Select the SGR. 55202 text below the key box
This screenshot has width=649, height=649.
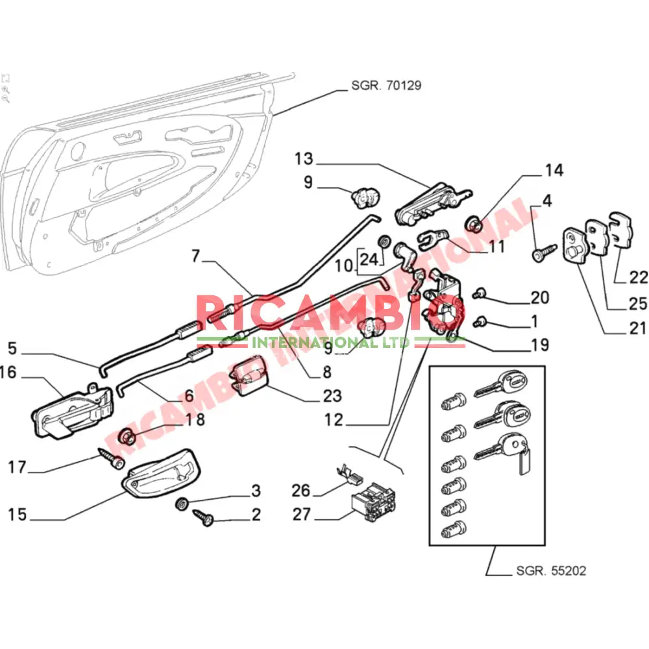click(551, 571)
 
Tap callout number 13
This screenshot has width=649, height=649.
click(303, 159)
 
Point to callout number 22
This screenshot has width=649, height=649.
click(639, 277)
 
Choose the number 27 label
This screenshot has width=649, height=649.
click(302, 515)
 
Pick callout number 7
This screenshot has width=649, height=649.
click(197, 256)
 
